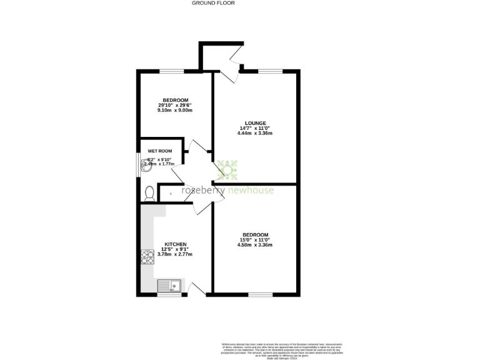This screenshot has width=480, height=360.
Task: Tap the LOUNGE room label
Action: [x=256, y=123]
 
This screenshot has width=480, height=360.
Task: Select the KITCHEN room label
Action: [x=175, y=244]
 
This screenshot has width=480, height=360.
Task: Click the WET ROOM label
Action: [x=159, y=151]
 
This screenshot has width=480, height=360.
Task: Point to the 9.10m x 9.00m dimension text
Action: [x=175, y=111]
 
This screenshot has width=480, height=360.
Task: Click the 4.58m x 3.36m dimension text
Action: [x=256, y=245]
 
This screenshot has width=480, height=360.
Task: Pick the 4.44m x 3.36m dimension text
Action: [x=256, y=133]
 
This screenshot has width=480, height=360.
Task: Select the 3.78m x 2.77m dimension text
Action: [x=175, y=254]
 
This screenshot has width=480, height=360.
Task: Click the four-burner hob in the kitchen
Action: [x=147, y=257]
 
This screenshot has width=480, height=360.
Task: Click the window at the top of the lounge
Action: [x=270, y=71]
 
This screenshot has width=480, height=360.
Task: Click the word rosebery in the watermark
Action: [x=202, y=191]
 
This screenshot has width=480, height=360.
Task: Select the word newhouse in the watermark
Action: [x=250, y=191]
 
